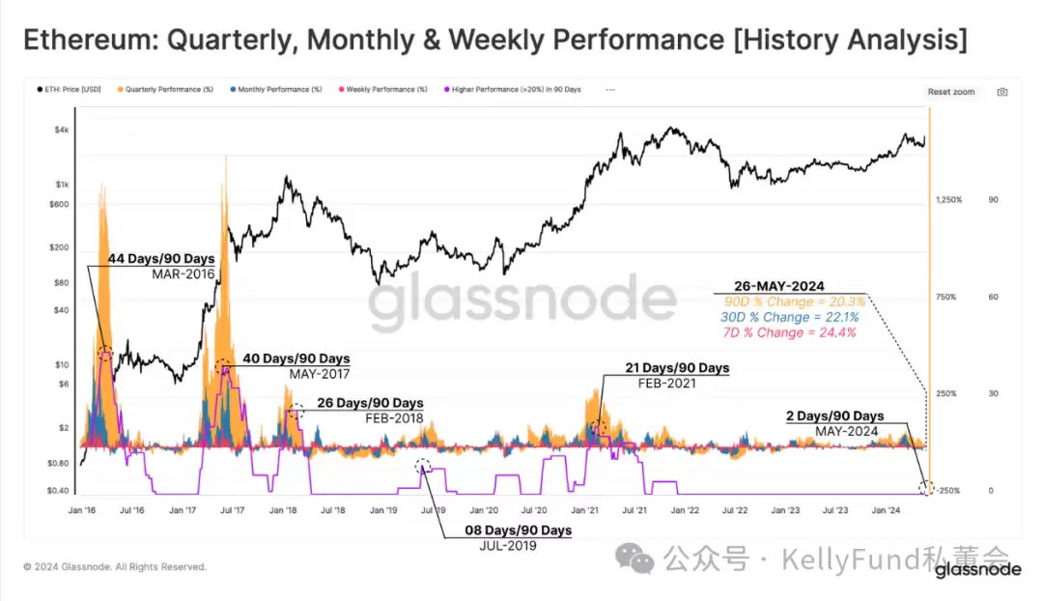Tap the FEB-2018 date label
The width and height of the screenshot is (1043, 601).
[x=395, y=418]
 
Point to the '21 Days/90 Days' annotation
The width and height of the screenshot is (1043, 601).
[x=665, y=368]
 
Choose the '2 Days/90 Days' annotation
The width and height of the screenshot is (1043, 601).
[x=835, y=416]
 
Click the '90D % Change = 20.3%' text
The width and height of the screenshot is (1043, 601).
[x=795, y=302]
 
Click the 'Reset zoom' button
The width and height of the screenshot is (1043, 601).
[x=951, y=92]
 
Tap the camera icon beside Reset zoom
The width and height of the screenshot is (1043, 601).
[x=1002, y=92]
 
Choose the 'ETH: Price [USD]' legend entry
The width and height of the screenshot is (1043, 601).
[x=70, y=89]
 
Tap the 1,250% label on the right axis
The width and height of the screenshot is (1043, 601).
[x=948, y=199]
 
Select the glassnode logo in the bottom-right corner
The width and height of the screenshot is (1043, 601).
[x=977, y=569]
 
